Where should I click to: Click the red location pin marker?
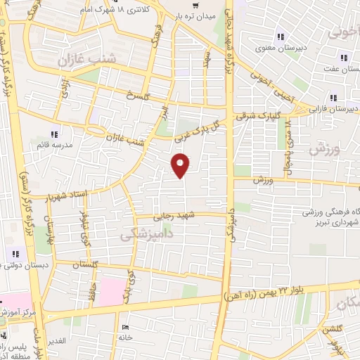[x=181, y=165]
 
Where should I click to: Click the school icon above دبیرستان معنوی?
[x=281, y=37]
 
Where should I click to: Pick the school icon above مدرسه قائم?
[x=54, y=134]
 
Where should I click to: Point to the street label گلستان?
[x=85, y=264]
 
